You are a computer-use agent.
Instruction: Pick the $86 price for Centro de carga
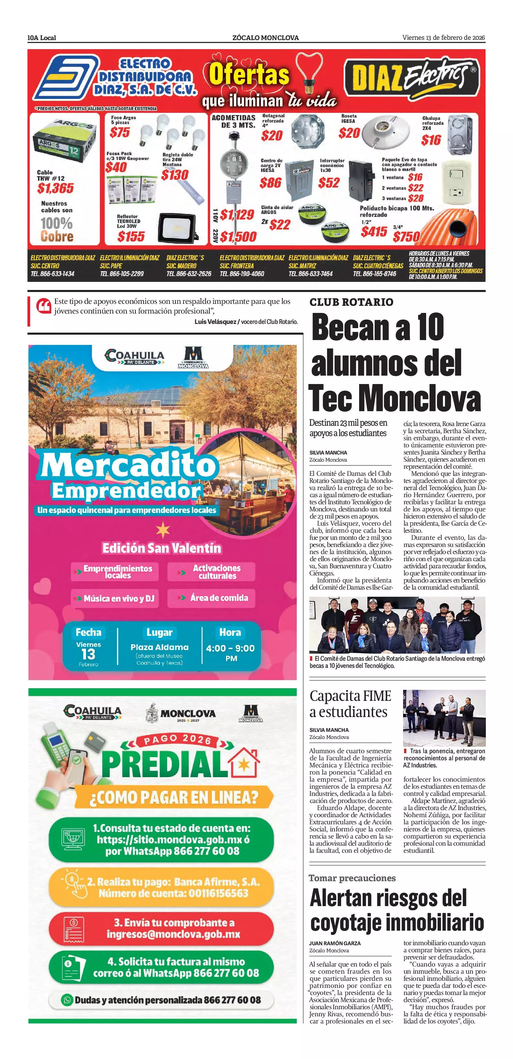coord(271,183)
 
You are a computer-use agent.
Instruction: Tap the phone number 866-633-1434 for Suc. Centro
coord(53,274)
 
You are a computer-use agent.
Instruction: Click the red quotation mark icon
coord(43,306)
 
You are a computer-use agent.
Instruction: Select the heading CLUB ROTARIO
coord(351,302)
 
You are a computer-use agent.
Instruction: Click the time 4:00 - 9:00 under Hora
coord(230,648)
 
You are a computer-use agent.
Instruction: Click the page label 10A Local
coord(41,38)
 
